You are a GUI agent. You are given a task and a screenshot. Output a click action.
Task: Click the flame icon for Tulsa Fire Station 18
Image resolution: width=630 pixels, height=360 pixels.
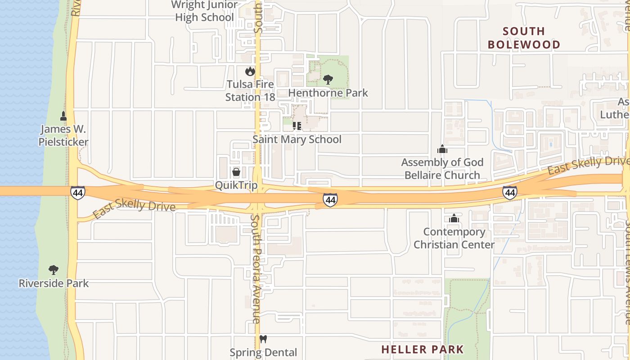[250, 71]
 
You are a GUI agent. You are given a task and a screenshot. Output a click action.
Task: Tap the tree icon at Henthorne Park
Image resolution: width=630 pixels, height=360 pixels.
[328, 80]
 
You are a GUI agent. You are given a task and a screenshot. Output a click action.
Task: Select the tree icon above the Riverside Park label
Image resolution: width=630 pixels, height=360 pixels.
[54, 270]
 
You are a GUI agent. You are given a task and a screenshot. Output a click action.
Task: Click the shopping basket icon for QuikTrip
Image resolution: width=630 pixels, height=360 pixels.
[236, 172]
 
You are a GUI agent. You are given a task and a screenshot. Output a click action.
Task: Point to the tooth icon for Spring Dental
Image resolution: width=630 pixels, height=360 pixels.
[263, 339]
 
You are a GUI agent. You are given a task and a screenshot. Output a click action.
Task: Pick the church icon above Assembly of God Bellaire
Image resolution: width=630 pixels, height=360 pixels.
[442, 149]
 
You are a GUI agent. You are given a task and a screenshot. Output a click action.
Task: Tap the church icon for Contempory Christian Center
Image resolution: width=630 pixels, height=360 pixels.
[454, 218]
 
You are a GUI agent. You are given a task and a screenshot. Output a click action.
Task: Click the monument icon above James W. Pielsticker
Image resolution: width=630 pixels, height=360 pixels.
[63, 116]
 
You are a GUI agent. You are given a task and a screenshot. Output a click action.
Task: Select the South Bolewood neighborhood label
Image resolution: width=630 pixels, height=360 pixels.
[524, 38]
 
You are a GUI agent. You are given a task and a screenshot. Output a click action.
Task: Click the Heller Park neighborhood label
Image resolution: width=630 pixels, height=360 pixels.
[422, 349]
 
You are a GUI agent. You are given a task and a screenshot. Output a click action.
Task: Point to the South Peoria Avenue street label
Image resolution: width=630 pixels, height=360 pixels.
[256, 269]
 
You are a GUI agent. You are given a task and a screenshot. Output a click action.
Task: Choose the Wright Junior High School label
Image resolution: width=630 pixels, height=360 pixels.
[205, 11]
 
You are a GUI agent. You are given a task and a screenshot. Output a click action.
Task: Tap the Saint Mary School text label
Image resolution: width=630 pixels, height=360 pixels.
[297, 139]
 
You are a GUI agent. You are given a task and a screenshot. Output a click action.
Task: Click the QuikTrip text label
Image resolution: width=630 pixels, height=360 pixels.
[236, 185]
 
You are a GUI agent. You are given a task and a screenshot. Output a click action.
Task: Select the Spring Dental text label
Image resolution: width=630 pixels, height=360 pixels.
[263, 352]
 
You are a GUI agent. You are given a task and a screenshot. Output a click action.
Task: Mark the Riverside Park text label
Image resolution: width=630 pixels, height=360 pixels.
[54, 283]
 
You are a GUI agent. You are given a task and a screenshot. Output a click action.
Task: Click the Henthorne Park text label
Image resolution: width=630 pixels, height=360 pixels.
[328, 93]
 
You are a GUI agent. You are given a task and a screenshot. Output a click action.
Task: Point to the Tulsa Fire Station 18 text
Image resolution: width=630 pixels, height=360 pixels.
[250, 90]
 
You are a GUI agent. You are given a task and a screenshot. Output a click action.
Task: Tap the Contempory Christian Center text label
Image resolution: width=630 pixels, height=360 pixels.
[454, 238]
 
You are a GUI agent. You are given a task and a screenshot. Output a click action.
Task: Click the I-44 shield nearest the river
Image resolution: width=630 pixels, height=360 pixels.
[77, 193]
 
